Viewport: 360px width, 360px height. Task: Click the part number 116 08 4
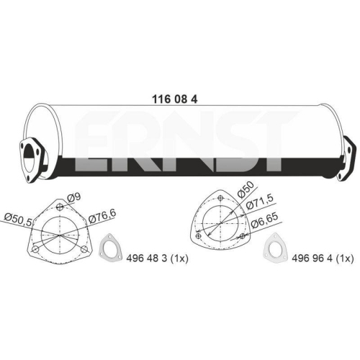click(175, 99)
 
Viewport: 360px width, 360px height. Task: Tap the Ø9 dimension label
click(73, 198)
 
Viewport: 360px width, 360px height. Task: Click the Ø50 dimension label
click(246, 189)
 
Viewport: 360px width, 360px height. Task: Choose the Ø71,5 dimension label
click(260, 203)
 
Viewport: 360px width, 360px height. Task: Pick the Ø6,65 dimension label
click(264, 220)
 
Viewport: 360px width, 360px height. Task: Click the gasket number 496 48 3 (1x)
click(157, 258)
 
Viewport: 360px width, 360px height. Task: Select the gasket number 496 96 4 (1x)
click(323, 258)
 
